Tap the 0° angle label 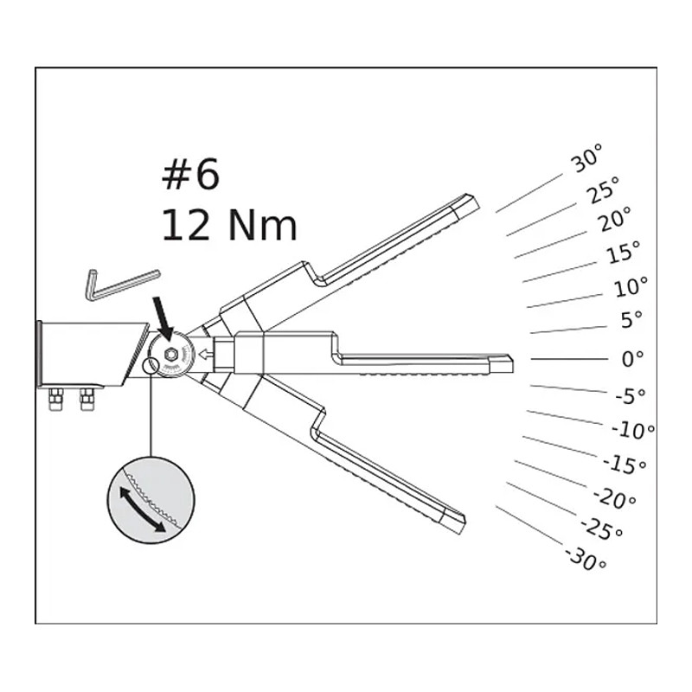pyautogui.click(x=632, y=359)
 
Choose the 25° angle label pyautogui.click(x=602, y=189)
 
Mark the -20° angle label pyautogui.click(x=614, y=498)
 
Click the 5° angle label pyautogui.click(x=631, y=319)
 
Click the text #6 pyautogui.click(x=190, y=175)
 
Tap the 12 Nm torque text pyautogui.click(x=229, y=225)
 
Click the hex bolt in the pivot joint pyautogui.click(x=170, y=354)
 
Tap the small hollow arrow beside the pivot pyautogui.click(x=205, y=354)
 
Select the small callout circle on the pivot pyautogui.click(x=151, y=365)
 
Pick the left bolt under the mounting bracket pyautogui.click(x=55, y=399)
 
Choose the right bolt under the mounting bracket pyautogui.click(x=87, y=399)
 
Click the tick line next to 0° pyautogui.click(x=569, y=359)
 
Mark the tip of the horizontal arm pyautogui.click(x=513, y=362)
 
